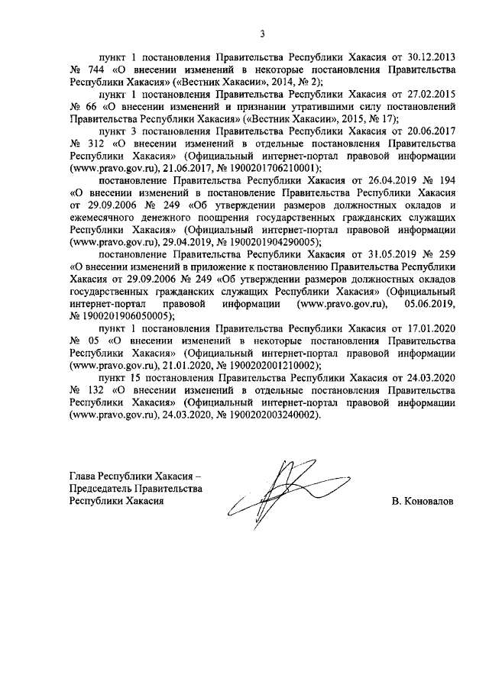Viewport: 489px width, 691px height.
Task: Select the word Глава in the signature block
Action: [x=84, y=476]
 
